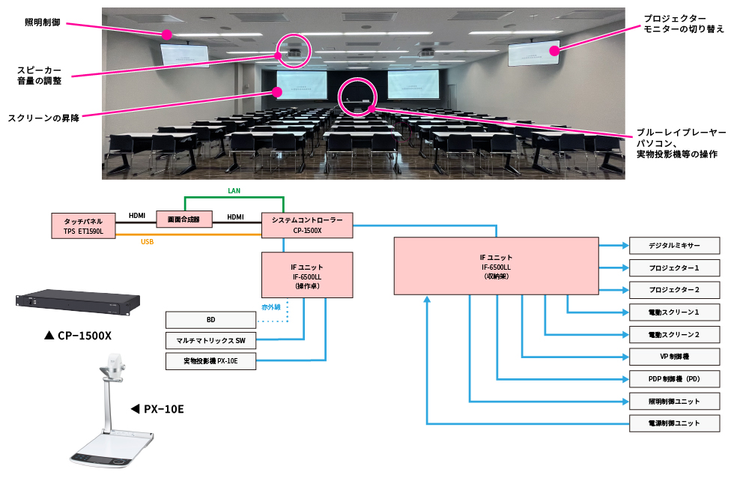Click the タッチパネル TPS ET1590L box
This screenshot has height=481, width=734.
(83, 226)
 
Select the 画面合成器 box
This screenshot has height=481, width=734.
(183, 219)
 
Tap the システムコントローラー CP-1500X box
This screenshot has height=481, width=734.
(307, 226)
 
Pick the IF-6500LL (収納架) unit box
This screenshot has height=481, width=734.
(496, 266)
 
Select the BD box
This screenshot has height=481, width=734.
(210, 319)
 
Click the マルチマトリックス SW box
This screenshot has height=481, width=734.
(210, 341)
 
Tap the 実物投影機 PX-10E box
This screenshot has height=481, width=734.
(210, 362)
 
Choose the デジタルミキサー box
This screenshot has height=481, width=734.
(674, 245)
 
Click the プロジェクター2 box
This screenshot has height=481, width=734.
(674, 290)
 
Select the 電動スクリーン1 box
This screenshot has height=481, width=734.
(674, 312)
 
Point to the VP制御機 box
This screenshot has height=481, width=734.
(674, 357)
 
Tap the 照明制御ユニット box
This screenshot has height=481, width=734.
(674, 401)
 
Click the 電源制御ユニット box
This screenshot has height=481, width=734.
(674, 423)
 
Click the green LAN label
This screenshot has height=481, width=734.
(234, 191)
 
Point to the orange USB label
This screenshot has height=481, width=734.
(148, 242)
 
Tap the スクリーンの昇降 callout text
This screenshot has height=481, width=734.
(43, 117)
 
